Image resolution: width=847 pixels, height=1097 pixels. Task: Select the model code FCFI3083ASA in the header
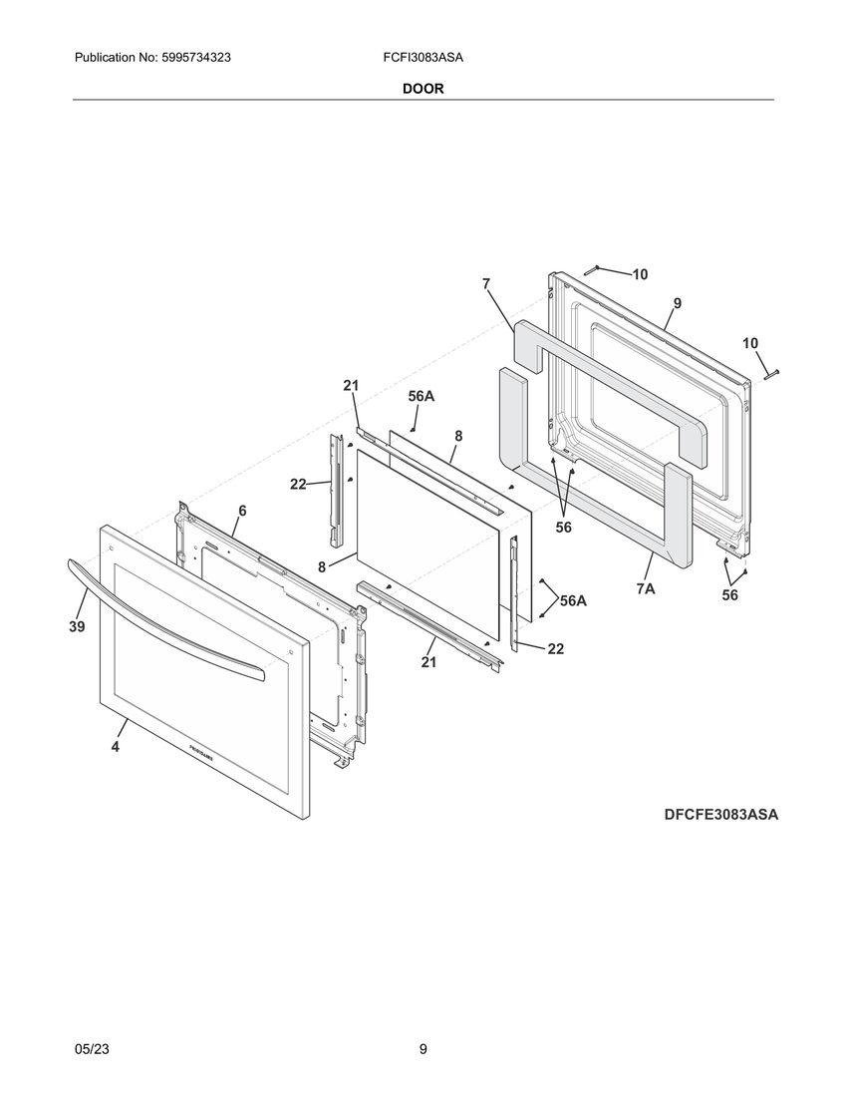point(423,58)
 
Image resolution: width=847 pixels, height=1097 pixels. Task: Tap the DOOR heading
point(423,89)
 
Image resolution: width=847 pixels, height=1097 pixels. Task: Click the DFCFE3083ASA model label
point(721,815)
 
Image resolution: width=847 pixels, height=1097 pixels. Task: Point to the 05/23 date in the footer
point(92,1049)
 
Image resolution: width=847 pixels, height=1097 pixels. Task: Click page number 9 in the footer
point(423,1049)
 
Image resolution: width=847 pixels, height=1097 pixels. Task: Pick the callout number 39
point(77,627)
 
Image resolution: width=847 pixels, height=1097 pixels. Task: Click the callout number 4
point(116,747)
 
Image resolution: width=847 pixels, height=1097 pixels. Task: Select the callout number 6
point(242,512)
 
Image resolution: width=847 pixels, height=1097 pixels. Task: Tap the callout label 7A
point(646,589)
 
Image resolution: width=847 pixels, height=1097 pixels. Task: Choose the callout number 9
point(678,303)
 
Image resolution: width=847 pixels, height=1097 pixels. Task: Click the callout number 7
point(485,284)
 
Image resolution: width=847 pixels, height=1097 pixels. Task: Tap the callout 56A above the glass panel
point(422,396)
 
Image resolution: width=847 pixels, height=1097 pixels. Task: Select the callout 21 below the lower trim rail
point(428,662)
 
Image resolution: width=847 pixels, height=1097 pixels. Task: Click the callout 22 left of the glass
point(298,484)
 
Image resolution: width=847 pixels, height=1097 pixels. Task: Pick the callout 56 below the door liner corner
point(729,595)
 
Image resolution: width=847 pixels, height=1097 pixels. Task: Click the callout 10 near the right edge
point(750,343)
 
